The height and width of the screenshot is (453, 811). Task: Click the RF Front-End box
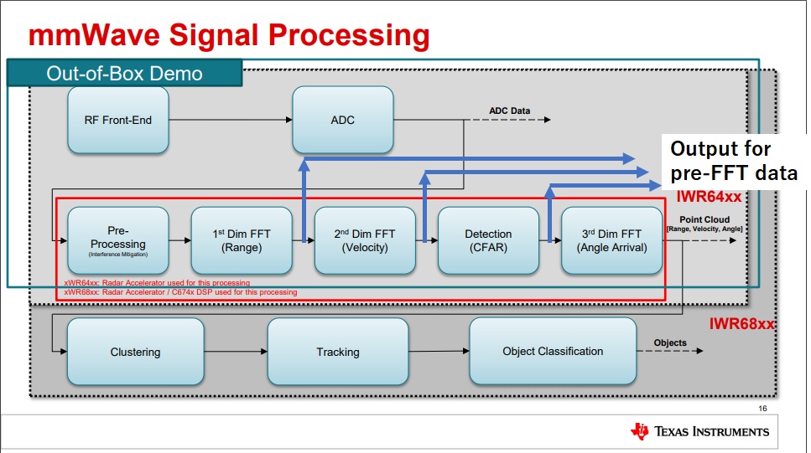(x=118, y=120)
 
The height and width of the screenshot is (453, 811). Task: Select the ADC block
(x=342, y=120)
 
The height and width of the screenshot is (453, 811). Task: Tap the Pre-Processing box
(x=117, y=239)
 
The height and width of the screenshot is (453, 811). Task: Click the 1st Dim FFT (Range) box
(x=242, y=240)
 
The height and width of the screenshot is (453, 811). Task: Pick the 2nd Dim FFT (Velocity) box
(x=365, y=240)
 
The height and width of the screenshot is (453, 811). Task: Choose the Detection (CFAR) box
(x=488, y=240)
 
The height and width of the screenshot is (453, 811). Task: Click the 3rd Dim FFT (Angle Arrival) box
(x=611, y=240)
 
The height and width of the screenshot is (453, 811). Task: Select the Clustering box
(x=135, y=352)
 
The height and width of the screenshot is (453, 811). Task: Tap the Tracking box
(x=338, y=352)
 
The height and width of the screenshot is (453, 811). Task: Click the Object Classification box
(x=553, y=352)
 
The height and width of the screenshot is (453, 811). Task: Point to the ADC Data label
(x=510, y=111)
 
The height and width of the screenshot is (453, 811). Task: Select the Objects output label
(x=670, y=342)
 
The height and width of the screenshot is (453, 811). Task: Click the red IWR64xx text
(x=709, y=197)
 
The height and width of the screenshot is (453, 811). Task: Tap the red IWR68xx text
(x=741, y=323)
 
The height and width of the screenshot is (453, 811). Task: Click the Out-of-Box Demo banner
(x=125, y=73)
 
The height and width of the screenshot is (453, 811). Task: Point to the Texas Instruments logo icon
(x=640, y=431)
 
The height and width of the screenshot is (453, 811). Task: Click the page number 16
(x=762, y=409)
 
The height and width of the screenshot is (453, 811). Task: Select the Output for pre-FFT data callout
(x=732, y=162)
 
